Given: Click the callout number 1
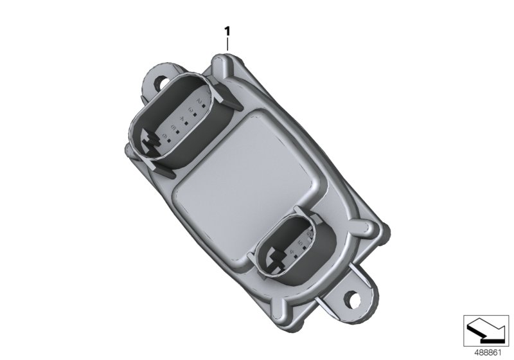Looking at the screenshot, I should [227, 30].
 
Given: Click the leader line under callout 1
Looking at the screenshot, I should [227, 45].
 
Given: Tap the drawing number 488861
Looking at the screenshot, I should [488, 352].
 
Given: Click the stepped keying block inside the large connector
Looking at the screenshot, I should [153, 143].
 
